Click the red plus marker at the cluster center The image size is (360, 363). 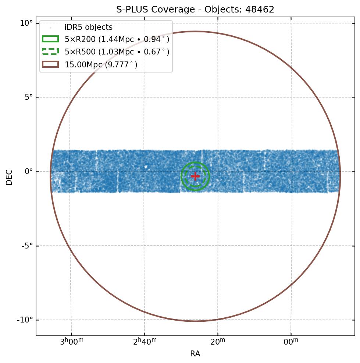pos(195,176)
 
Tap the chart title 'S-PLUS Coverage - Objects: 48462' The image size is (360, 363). pos(195,10)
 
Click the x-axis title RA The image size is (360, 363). pos(195,354)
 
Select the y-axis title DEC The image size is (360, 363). pos(9,177)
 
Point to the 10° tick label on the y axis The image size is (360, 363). pos(26,23)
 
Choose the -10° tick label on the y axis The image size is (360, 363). pos(25,320)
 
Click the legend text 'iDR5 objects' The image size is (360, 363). pos(89,28)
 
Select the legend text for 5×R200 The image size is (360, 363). pos(117,39)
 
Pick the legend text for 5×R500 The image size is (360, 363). pos(117,52)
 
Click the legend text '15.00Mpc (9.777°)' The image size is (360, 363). pos(101,64)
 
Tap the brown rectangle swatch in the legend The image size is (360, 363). pos(50,64)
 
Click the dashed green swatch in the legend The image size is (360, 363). pos(50,52)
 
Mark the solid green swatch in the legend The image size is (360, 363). pos(50,39)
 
